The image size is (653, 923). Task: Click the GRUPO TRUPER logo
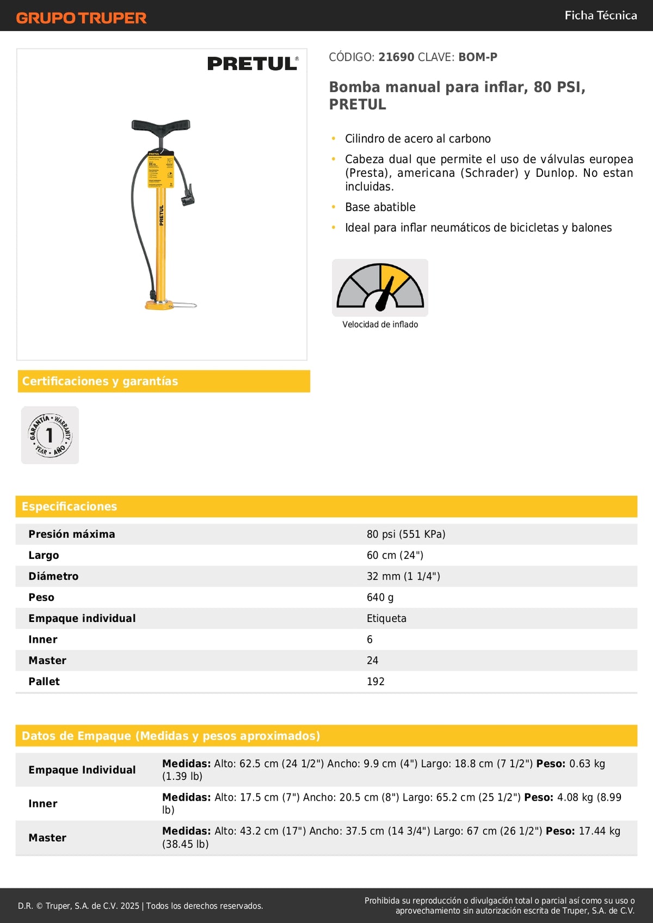[x=81, y=18]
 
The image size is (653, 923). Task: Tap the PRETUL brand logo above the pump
[x=252, y=64]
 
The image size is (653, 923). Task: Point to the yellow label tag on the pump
[x=161, y=169]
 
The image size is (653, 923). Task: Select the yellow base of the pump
[x=159, y=305]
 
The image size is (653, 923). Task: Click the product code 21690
[x=396, y=57]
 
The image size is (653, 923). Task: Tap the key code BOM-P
[x=478, y=57]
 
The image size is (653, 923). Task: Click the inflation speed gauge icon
[x=380, y=287]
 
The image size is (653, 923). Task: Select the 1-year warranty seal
[x=50, y=435]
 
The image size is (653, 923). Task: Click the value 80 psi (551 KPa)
[x=406, y=534]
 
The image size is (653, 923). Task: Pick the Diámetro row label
[x=53, y=576]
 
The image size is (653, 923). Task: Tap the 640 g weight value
[x=380, y=598]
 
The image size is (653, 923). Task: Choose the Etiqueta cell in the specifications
[x=386, y=619]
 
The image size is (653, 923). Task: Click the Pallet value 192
[x=375, y=682]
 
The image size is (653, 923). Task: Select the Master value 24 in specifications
[x=372, y=661]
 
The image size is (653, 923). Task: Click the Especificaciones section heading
[x=69, y=507]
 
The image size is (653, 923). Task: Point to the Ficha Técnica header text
[x=601, y=15]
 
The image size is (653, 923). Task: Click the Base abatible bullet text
[x=380, y=207]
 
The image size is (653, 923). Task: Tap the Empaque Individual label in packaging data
[x=82, y=770]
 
